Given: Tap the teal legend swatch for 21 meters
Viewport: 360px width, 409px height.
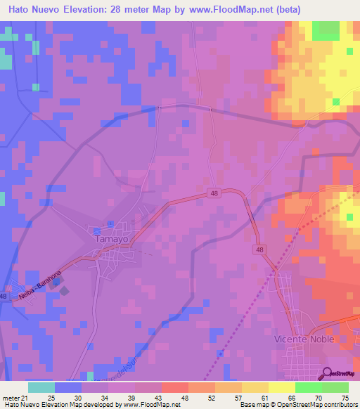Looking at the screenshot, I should [x=41, y=387].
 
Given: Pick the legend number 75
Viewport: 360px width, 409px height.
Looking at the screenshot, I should [x=345, y=398].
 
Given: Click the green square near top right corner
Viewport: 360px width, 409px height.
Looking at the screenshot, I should [x=325, y=30].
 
